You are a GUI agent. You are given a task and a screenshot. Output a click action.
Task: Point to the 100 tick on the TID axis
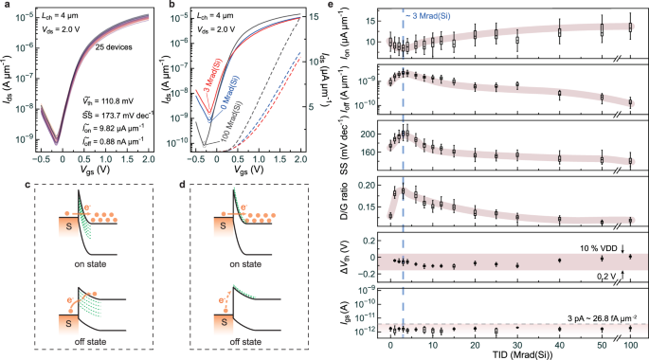tap(629, 341)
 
